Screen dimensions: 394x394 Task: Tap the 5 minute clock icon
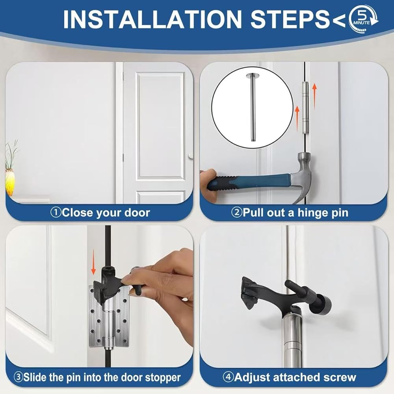(364, 19)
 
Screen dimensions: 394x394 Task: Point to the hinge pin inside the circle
(252, 107)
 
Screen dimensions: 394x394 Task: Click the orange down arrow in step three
(93, 262)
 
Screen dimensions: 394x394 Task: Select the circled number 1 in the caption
(56, 213)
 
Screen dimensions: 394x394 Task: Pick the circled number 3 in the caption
(18, 377)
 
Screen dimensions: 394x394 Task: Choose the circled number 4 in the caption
(228, 377)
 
